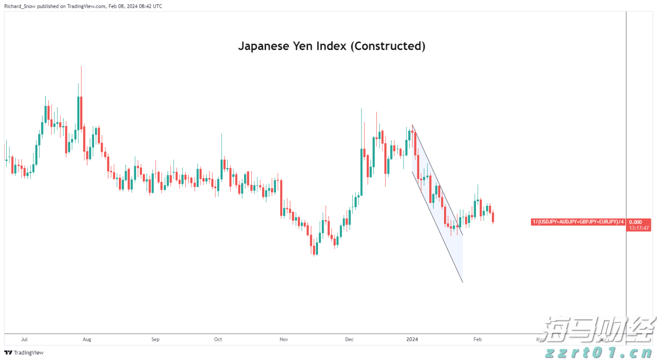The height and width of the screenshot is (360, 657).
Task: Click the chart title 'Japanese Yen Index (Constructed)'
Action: point(331,46)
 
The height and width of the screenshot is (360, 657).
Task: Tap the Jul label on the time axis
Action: point(24,339)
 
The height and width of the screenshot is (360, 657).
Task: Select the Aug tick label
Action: point(86,339)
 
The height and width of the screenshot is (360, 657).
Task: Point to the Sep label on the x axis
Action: point(155,339)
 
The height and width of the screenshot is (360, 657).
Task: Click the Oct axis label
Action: point(218,339)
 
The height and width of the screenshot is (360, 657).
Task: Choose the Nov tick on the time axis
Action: point(284,339)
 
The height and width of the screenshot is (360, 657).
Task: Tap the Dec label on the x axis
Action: point(349,339)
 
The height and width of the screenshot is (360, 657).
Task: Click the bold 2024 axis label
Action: point(412,339)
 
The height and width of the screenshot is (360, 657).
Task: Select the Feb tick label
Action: point(477,339)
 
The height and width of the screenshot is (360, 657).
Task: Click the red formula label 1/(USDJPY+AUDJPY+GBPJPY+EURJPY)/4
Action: point(578,222)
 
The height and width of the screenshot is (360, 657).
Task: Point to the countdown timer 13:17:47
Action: point(638,228)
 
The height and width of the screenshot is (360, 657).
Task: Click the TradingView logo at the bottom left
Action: point(24,352)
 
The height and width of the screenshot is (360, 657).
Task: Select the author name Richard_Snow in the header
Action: point(18,6)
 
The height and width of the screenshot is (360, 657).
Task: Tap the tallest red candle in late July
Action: point(81,113)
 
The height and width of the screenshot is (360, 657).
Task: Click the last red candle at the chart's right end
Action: point(493,217)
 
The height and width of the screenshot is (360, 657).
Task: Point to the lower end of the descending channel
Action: point(462,282)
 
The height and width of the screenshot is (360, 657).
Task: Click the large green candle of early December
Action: point(361,172)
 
